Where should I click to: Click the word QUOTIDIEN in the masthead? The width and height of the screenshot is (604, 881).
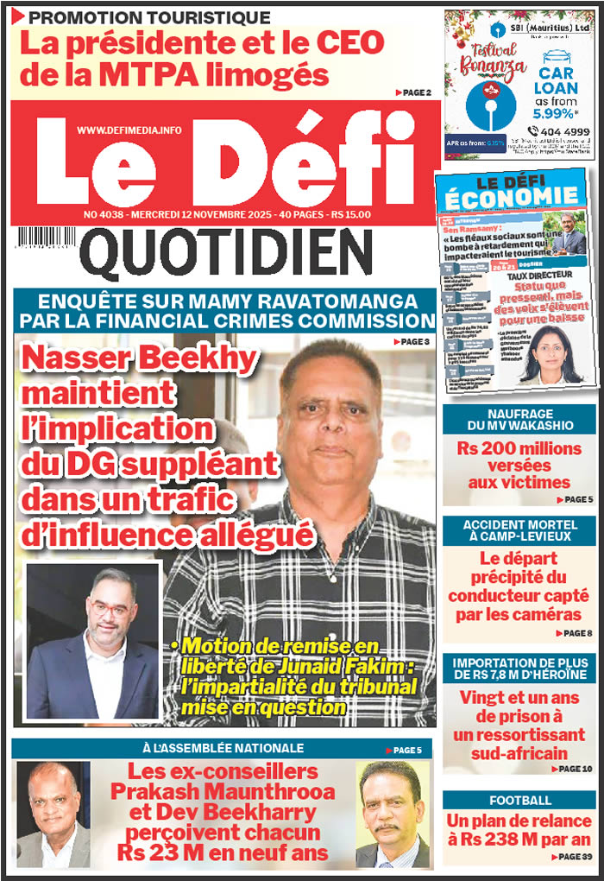[x=230, y=255]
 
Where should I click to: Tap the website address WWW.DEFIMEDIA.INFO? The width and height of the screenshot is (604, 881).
[x=129, y=130]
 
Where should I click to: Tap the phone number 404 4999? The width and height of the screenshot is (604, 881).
[x=565, y=131]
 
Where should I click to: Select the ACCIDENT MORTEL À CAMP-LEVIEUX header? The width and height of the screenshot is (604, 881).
[x=519, y=529]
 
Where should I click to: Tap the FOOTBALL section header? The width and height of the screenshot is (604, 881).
[x=519, y=800]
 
